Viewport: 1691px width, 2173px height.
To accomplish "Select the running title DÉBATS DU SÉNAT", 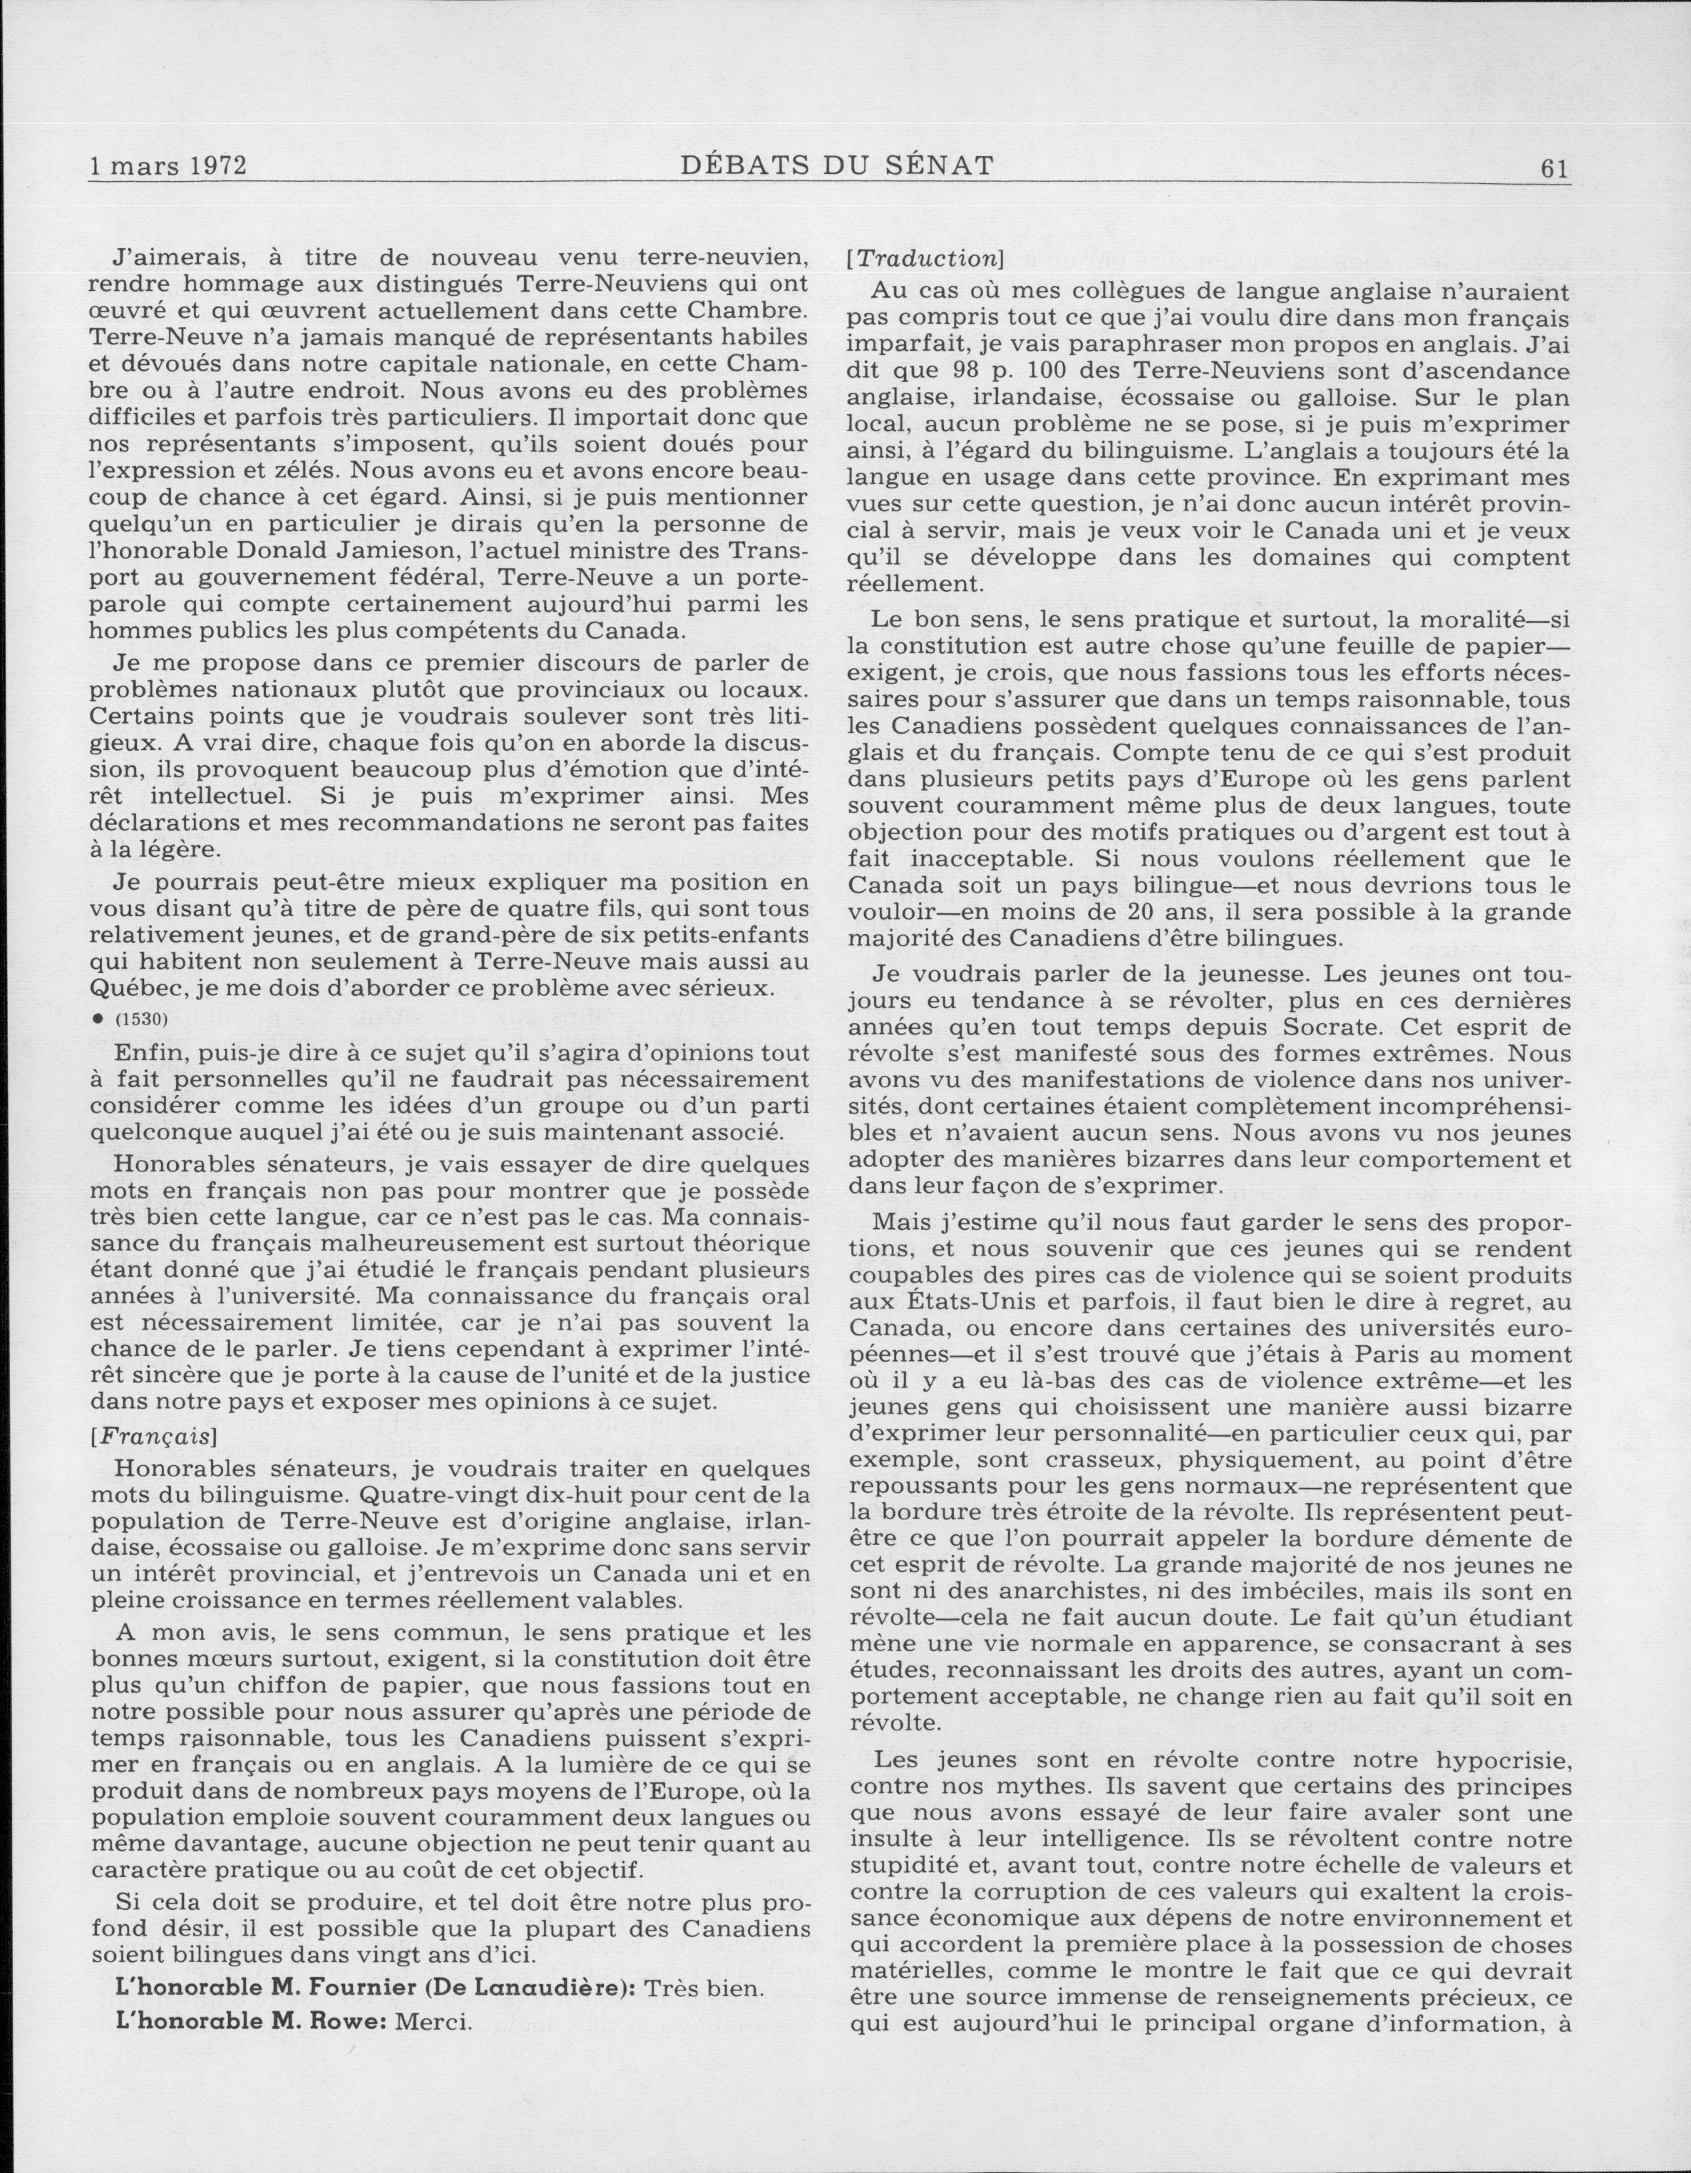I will coord(836,166).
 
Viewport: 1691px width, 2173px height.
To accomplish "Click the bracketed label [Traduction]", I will coord(924,259).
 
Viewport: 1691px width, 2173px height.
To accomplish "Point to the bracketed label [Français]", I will coord(154,1438).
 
